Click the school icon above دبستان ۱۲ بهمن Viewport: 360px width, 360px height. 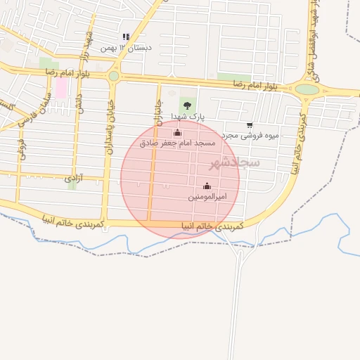point(126,37)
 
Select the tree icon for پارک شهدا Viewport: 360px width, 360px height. point(186,105)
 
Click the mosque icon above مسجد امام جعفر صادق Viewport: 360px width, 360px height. point(176,132)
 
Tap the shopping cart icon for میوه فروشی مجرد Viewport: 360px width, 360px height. point(250,125)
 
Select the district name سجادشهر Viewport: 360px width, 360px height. point(234,162)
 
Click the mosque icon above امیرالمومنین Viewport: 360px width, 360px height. point(206,186)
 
